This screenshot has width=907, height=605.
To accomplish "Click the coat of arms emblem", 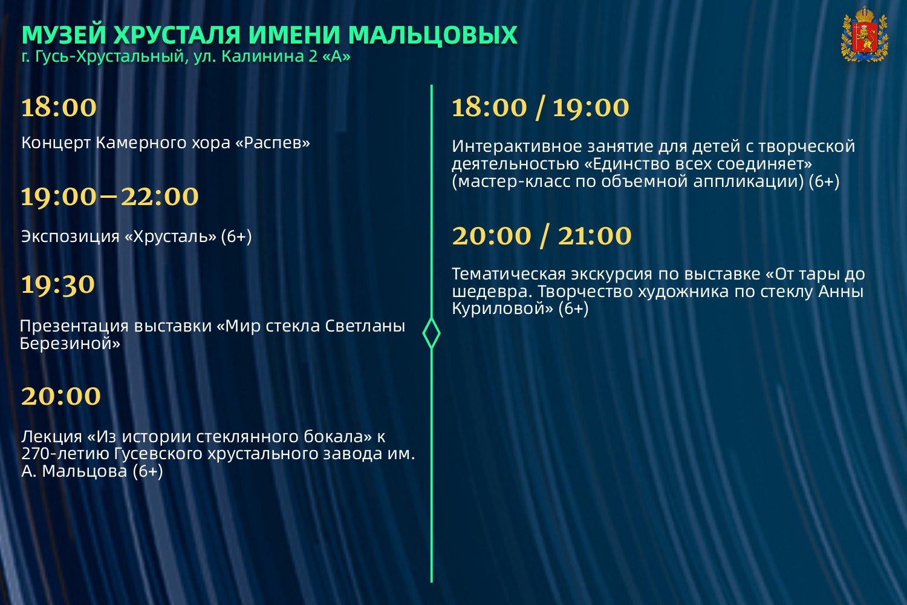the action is [865, 34].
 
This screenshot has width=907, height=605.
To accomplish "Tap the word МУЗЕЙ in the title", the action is [64, 34].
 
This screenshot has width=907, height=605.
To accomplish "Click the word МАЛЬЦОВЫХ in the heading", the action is [432, 35].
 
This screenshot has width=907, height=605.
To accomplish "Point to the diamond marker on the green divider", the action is [431, 333].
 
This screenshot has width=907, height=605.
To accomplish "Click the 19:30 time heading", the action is [58, 284].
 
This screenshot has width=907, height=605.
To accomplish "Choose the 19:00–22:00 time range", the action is [109, 197].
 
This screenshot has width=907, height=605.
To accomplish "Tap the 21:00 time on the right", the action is [594, 235].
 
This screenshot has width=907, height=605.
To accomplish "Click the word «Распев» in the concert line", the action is [273, 143].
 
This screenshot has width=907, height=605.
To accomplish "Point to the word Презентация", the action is [75, 326].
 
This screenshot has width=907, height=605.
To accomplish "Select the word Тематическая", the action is [509, 274].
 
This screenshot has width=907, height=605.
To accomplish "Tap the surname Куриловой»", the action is [502, 309].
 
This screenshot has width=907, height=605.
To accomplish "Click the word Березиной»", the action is [70, 344].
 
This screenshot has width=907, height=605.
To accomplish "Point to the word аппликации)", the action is [749, 181].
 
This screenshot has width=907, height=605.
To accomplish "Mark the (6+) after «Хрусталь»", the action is [236, 237].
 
